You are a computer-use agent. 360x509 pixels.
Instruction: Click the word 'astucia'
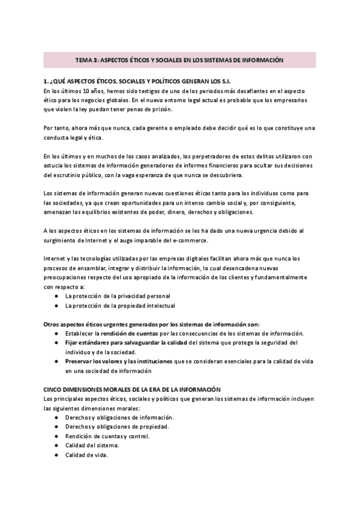[54, 166]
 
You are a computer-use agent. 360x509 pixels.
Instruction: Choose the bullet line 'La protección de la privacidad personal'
[118, 296]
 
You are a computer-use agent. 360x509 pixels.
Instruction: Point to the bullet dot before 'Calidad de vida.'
[56, 455]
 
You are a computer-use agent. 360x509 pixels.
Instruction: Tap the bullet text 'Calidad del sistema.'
[92, 445]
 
